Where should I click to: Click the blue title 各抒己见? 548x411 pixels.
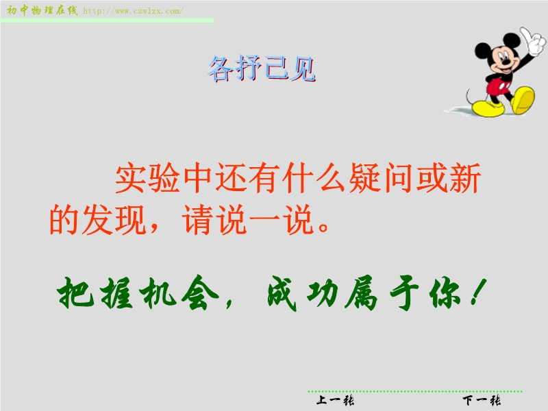click(262, 68)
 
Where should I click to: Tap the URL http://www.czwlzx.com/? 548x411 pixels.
click(133, 11)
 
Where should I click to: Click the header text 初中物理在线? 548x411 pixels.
click(42, 10)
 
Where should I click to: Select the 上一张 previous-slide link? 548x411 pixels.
click(335, 400)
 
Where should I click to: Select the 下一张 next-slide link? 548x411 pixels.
click(482, 400)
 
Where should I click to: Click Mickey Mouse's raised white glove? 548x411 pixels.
click(533, 41)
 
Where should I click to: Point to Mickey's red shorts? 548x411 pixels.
click(499, 87)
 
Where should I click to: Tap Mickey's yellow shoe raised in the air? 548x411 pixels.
click(523, 100)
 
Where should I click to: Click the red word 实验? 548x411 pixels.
click(147, 177)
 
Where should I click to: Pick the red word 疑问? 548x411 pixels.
click(380, 177)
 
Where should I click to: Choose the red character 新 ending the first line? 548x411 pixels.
click(465, 177)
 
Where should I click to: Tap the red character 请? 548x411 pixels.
click(197, 219)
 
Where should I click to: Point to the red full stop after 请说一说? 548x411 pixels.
click(323, 227)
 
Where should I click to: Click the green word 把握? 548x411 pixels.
click(95, 293)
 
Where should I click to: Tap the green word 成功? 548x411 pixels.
click(303, 293)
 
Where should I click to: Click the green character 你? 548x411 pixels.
click(445, 293)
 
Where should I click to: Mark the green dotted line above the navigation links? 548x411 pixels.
click(415, 391)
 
